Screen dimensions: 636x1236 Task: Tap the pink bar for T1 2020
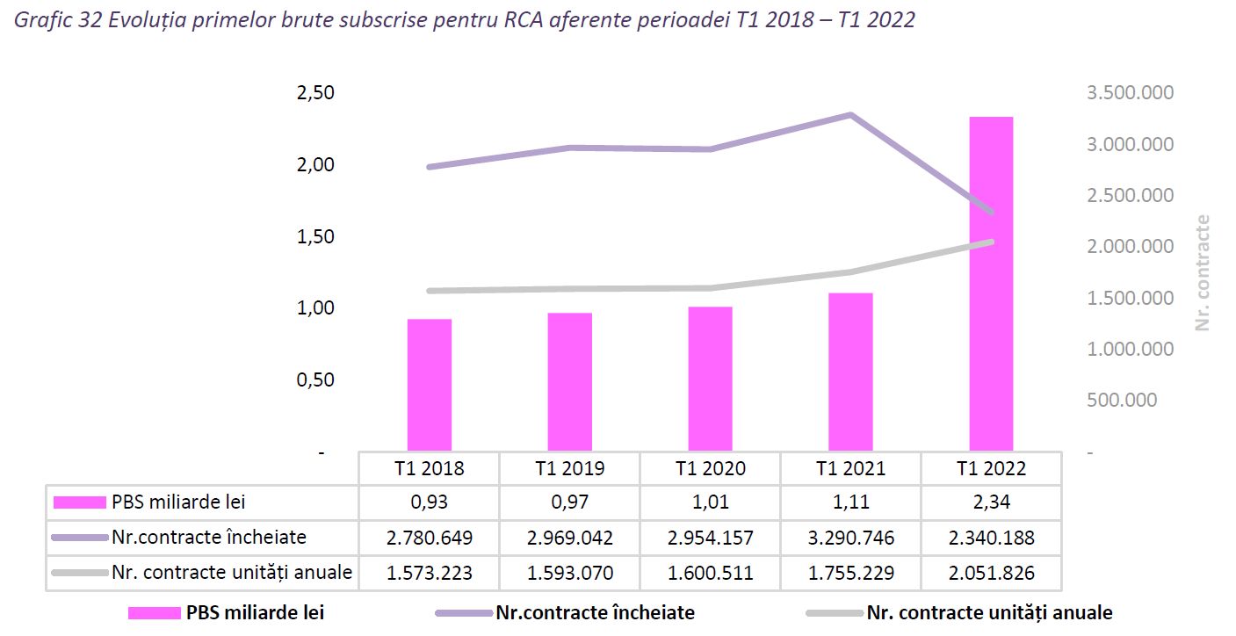(710, 379)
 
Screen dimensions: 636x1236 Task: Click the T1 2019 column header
(569, 468)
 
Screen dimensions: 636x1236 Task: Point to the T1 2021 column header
(850, 468)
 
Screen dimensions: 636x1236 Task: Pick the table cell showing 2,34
(991, 502)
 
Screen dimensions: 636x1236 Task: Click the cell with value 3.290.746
(850, 538)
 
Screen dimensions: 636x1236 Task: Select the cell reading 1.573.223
(430, 573)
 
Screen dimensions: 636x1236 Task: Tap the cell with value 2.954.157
(710, 538)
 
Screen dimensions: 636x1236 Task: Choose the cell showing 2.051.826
(991, 573)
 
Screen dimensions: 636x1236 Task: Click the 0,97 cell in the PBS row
(569, 502)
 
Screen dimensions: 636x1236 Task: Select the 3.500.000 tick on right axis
(1130, 93)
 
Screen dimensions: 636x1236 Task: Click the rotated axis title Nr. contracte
(1203, 273)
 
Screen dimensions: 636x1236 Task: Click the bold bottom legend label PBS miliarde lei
(255, 613)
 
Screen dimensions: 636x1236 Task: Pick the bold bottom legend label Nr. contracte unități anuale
(989, 613)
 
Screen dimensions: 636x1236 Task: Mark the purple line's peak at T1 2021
(850, 115)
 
